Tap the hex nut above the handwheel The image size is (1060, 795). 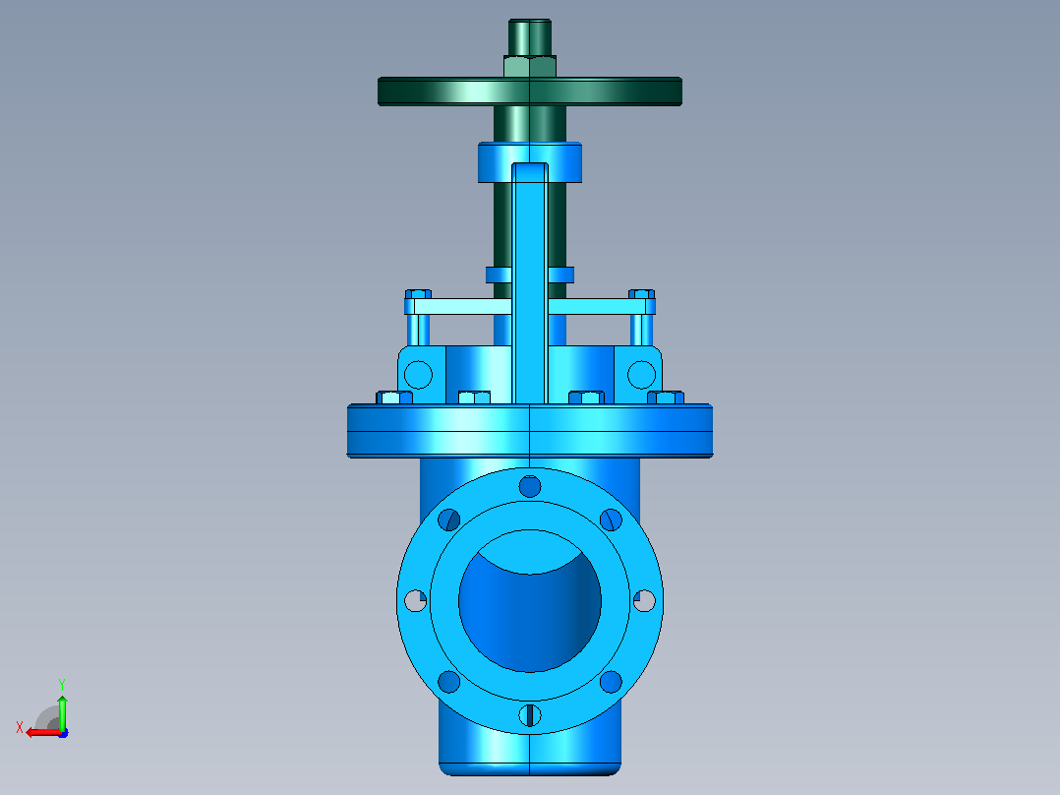click(529, 66)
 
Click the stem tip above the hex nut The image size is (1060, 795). click(529, 37)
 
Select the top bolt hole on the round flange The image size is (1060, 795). click(530, 486)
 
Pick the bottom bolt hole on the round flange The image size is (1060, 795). click(530, 715)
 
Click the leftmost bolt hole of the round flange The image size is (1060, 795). click(415, 600)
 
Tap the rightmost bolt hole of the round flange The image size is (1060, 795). click(644, 600)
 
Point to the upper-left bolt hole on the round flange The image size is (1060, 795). click(448, 520)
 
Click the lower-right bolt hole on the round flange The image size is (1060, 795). click(611, 681)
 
